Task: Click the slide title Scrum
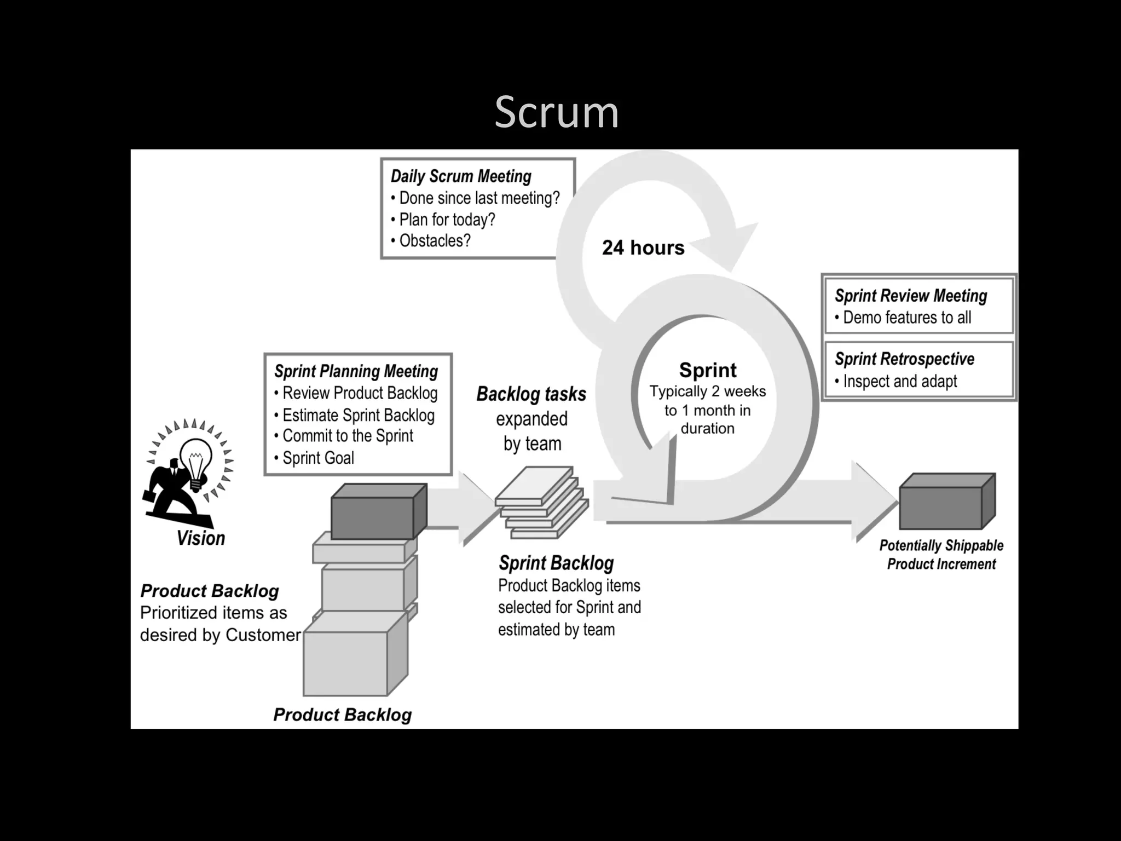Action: [x=556, y=112]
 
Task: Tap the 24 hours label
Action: [x=643, y=247]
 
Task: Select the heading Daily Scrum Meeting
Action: [x=461, y=176]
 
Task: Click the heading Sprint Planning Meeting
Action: [x=356, y=371]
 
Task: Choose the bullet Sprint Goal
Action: [x=317, y=458]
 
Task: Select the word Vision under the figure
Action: [x=201, y=538]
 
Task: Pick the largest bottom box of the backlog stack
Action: [x=350, y=660]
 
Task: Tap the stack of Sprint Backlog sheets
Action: [x=542, y=501]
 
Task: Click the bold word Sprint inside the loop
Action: [x=708, y=370]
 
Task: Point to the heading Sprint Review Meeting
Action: [x=911, y=296]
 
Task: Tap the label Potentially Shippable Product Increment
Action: [x=941, y=555]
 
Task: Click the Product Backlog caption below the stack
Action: [x=342, y=715]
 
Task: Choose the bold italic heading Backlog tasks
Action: [x=531, y=394]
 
